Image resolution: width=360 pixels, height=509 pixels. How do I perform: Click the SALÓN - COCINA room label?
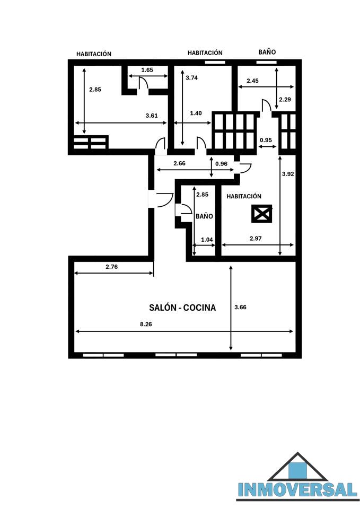click(182, 308)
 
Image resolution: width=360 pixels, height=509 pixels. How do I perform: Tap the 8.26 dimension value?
click(146, 324)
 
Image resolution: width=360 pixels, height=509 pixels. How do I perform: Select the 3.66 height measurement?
click(240, 307)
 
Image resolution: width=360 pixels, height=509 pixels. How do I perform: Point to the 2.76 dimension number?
click(112, 267)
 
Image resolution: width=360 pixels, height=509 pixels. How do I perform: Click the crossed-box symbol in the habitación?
click(261, 214)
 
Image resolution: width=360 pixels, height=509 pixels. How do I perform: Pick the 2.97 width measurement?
click(256, 238)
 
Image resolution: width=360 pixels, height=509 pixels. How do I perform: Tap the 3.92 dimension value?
click(288, 174)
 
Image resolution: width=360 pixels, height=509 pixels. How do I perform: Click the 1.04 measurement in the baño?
click(207, 240)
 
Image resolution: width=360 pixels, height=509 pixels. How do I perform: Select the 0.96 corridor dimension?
click(222, 164)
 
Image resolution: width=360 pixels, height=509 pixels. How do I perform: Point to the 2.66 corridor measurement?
click(179, 163)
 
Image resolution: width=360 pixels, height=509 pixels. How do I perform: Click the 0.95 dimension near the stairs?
click(266, 140)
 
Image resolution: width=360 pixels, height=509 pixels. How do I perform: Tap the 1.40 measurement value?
click(196, 113)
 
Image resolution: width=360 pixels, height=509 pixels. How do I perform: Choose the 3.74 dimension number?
click(191, 77)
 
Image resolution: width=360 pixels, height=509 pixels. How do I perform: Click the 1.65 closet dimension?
click(147, 70)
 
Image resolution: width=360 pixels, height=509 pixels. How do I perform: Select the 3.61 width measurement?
click(152, 115)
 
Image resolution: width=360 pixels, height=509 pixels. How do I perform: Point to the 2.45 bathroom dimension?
click(252, 81)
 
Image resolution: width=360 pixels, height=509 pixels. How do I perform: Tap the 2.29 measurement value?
click(285, 99)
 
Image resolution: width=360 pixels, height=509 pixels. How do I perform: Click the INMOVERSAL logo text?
click(297, 489)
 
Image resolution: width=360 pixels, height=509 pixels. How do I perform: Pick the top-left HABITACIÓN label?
click(94, 54)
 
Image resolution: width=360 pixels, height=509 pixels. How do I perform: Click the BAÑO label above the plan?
click(267, 52)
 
